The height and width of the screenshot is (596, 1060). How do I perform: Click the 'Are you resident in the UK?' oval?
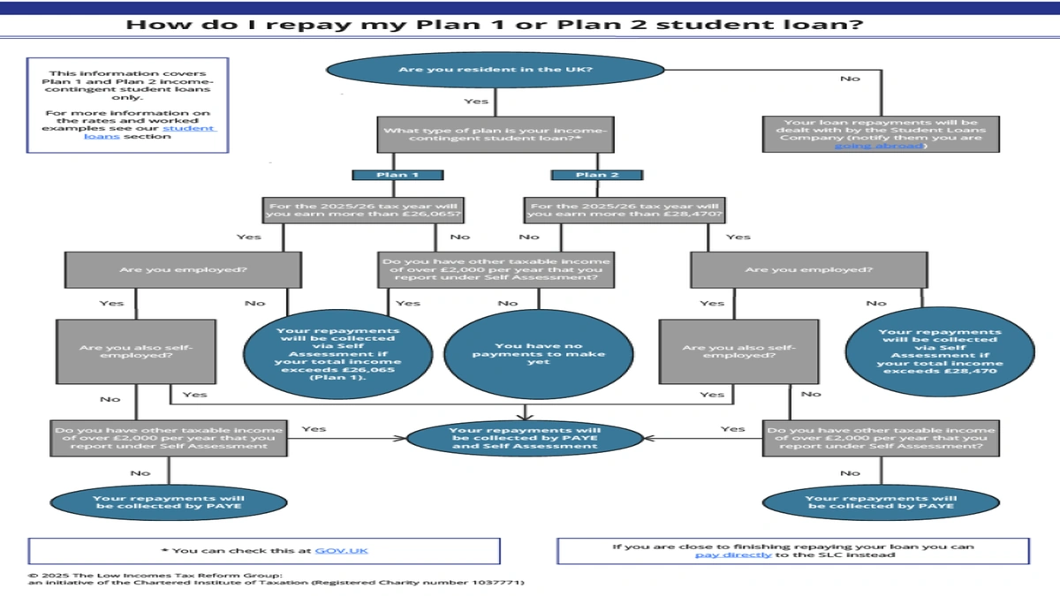tap(496, 69)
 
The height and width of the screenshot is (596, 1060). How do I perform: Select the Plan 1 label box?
tap(397, 175)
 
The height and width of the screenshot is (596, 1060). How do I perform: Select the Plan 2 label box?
tap(597, 175)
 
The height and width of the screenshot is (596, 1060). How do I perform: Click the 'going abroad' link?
tap(880, 146)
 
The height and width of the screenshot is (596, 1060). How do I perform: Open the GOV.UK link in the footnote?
tap(341, 550)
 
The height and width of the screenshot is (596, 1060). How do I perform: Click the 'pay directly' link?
tap(733, 555)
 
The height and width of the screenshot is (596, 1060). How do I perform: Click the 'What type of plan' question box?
tap(496, 136)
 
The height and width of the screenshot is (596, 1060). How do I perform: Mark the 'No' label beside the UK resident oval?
tap(850, 79)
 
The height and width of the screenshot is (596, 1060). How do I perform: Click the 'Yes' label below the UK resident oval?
tap(476, 102)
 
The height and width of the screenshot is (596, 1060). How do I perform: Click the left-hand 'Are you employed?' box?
tap(183, 269)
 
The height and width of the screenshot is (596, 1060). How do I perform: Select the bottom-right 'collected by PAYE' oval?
tap(880, 502)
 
